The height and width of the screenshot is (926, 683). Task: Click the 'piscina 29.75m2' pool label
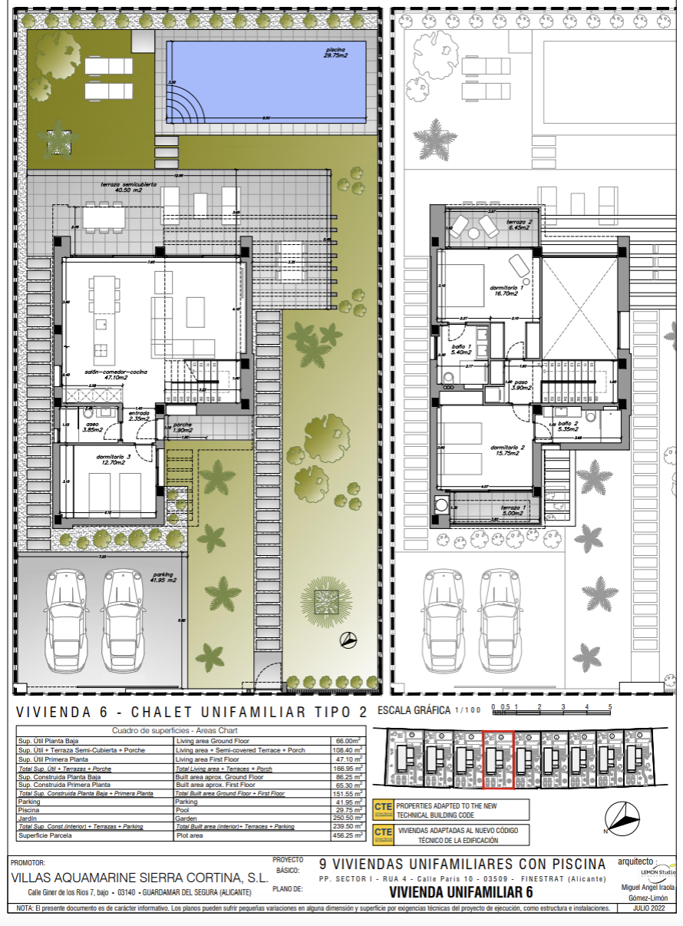coord(336,51)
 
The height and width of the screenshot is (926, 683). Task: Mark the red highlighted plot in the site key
coord(499,759)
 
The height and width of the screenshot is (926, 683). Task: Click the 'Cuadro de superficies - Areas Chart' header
coord(175,730)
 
